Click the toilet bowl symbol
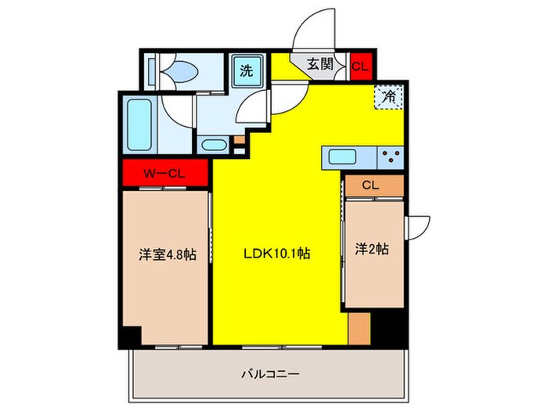[182, 72]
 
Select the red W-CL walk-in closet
[164, 172]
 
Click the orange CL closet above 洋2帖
[373, 186]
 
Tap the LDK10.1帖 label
[278, 254]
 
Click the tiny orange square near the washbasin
[237, 139]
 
